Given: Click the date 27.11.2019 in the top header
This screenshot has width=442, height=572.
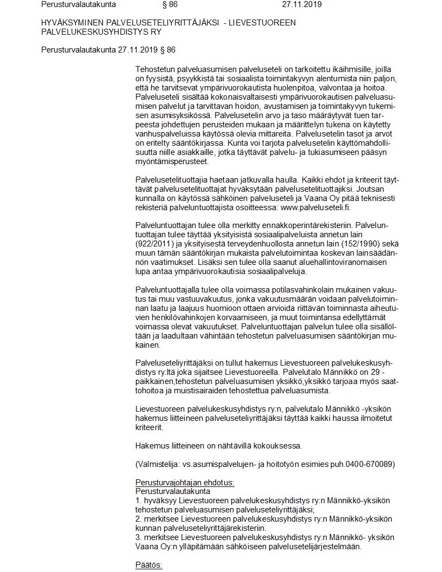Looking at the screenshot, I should click(302, 5).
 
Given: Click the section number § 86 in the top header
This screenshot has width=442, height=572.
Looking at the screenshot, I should click(170, 5).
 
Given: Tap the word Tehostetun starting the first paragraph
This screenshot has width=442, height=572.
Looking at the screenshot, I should click(155, 70).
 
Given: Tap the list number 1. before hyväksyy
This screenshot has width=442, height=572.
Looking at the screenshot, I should click(138, 501).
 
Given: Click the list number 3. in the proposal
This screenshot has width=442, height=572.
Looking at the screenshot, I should click(138, 538).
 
